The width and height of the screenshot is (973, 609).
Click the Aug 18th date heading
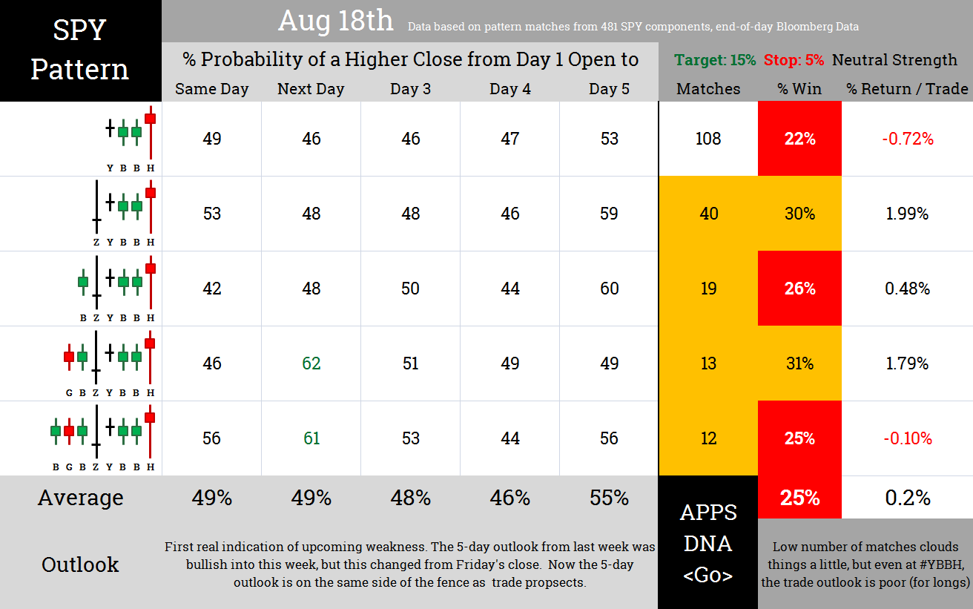pos(335,21)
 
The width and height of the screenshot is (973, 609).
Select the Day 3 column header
pos(410,89)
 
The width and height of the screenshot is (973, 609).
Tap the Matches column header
pos(708,89)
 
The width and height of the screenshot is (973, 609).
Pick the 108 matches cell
pos(708,139)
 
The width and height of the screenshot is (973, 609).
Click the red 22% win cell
pos(799,139)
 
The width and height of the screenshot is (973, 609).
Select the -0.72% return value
pos(907,139)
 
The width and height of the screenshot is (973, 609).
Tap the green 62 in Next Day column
pos(311,363)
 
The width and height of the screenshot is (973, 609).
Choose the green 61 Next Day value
pos(311,438)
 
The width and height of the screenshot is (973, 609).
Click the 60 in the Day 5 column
pos(610,289)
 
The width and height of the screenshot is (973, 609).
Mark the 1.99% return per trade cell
pos(907,214)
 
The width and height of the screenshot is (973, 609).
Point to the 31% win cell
pos(799,363)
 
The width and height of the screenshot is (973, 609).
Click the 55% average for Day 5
pos(610,498)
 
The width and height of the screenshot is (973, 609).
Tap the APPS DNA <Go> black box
pos(708,543)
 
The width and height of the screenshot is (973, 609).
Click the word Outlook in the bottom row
pos(80,564)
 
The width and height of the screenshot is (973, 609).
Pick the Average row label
pos(80,498)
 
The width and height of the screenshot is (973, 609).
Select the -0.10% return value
pos(907,438)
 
